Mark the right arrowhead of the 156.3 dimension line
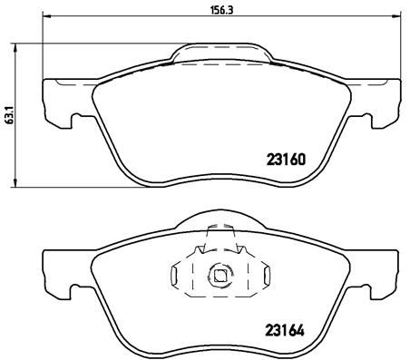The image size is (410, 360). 391,21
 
